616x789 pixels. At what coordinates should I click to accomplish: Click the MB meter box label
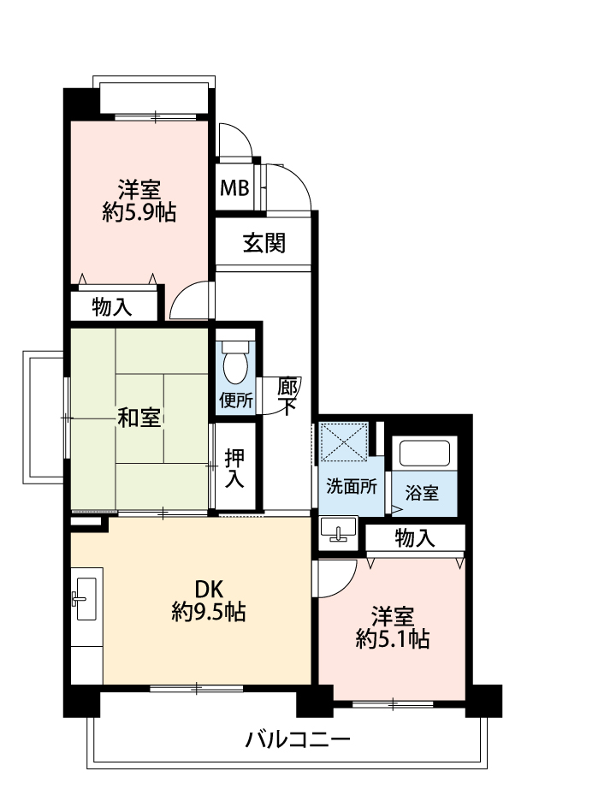[x=234, y=188]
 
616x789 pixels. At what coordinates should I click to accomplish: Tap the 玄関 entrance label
[x=264, y=243]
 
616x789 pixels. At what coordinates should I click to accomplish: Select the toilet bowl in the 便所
[x=235, y=362]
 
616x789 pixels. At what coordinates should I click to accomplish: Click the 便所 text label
[x=236, y=400]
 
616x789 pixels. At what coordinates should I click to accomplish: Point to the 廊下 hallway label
[x=287, y=395]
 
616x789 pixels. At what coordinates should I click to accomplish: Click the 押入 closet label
[x=234, y=468]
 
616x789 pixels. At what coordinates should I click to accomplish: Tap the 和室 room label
[x=139, y=418]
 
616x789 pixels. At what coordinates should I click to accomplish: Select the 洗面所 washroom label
[x=352, y=486]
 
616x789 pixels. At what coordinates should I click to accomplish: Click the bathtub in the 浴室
[x=424, y=453]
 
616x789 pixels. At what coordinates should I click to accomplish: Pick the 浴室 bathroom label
[x=422, y=493]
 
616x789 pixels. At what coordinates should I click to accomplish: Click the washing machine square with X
[x=344, y=442]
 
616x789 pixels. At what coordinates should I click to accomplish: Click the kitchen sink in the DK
[x=86, y=599]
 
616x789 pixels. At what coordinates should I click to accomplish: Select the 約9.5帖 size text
[x=209, y=611]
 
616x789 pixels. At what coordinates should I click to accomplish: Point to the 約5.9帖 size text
[x=139, y=212]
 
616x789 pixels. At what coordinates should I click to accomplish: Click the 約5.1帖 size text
[x=393, y=638]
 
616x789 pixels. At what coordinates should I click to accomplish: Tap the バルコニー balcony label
[x=298, y=739]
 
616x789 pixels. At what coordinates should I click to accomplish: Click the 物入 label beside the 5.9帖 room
[x=112, y=306]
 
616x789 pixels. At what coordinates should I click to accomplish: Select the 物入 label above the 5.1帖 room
[x=415, y=537]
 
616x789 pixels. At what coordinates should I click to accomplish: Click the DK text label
[x=209, y=588]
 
